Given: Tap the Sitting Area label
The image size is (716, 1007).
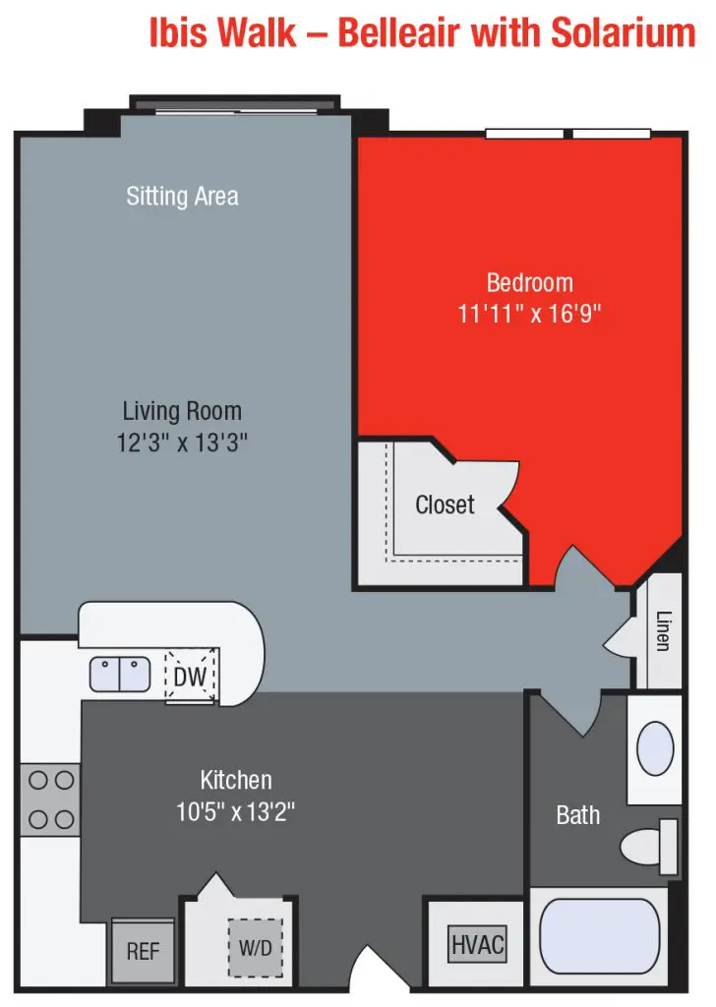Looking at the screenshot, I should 182,196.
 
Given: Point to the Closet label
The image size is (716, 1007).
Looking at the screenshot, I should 445,504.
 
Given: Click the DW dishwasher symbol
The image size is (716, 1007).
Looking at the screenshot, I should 189,677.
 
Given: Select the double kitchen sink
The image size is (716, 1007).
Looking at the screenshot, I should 119,675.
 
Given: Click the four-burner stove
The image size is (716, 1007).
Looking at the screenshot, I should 51,800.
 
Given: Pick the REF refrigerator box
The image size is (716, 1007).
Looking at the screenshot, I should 143,951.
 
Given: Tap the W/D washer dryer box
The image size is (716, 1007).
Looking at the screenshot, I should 255,949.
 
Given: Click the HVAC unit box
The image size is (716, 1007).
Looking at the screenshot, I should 478,946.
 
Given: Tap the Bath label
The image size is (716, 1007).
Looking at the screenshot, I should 577,815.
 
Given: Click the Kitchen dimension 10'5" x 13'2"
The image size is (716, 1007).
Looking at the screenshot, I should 235,812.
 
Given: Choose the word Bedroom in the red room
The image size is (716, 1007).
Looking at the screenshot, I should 529,283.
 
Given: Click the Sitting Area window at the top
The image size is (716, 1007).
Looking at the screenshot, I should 236,104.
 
